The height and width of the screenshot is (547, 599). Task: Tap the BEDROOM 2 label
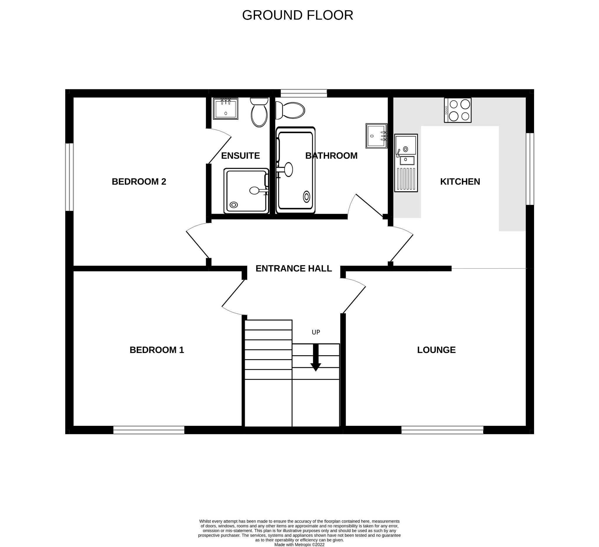tap(139, 182)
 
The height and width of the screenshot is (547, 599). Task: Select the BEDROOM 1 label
tap(156, 350)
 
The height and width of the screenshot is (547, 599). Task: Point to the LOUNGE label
tap(436, 350)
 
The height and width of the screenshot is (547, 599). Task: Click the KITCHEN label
tap(460, 182)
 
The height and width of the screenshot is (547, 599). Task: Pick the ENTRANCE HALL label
tap(294, 268)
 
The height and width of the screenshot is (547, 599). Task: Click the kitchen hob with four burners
tap(457, 110)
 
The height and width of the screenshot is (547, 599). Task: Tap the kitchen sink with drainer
tap(406, 163)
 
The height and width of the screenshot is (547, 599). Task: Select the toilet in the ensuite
tap(259, 112)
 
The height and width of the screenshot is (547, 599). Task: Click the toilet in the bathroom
tap(290, 110)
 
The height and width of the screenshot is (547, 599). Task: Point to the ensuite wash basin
tap(226, 109)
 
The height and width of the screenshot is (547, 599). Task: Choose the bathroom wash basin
tap(376, 136)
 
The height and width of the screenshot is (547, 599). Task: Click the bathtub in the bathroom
tap(295, 170)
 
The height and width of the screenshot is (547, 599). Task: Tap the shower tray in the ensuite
tap(246, 191)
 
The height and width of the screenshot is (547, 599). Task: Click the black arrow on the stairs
tap(316, 357)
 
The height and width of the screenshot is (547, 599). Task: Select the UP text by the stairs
tap(316, 332)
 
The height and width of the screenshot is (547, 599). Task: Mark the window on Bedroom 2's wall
tap(69, 177)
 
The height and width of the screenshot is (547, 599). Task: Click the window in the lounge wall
tap(442, 430)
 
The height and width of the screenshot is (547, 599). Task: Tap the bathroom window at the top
tap(304, 93)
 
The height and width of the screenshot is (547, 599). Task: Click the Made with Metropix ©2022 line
tap(299, 545)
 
